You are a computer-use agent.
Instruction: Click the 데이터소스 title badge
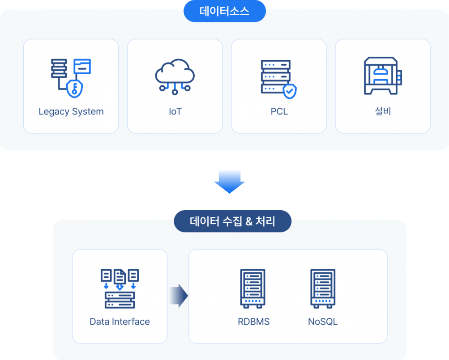[x=225, y=12]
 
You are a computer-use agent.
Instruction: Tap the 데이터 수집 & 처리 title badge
[x=232, y=221]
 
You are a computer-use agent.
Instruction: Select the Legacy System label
[x=71, y=111]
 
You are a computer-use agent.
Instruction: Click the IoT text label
[x=175, y=111]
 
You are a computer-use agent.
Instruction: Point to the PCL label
[x=279, y=111]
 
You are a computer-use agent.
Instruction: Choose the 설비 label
[x=383, y=111]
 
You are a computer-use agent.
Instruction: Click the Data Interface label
[x=120, y=322]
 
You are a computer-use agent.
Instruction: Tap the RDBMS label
[x=254, y=322]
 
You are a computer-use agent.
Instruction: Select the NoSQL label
[x=323, y=322]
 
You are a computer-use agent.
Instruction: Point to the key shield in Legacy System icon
[x=74, y=88]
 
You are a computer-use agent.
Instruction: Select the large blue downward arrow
[x=229, y=181]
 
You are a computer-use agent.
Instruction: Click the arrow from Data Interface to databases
[x=179, y=296]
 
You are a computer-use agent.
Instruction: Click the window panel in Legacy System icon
[x=82, y=66]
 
